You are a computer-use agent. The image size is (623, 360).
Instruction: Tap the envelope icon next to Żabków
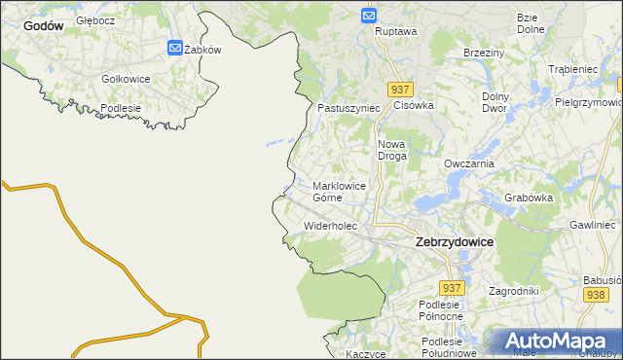(174, 48)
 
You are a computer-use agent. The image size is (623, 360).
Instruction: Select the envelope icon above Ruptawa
(369, 16)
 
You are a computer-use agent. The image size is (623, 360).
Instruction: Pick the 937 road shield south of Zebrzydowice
(451, 288)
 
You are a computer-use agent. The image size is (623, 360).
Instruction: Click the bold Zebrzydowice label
(454, 240)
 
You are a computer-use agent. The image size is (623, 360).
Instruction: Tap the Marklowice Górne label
(339, 191)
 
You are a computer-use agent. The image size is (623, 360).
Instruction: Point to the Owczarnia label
(469, 163)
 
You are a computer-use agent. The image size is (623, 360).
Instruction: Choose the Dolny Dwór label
(496, 102)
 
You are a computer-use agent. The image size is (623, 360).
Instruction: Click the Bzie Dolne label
(530, 23)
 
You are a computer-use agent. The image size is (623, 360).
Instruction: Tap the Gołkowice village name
(126, 78)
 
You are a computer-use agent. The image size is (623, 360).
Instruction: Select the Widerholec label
(331, 226)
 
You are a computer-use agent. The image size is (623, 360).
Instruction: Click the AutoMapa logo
(554, 341)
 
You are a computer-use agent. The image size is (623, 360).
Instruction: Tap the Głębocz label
(96, 19)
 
